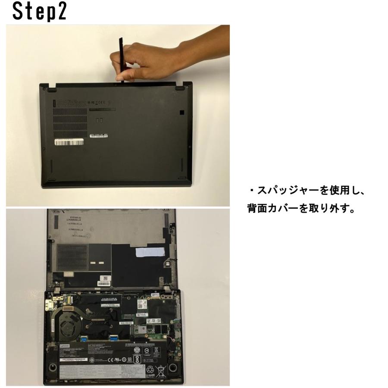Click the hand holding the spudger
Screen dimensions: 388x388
pyautogui.click(x=142, y=60)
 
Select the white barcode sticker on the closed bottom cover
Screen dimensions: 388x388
pyautogui.click(x=69, y=141)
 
